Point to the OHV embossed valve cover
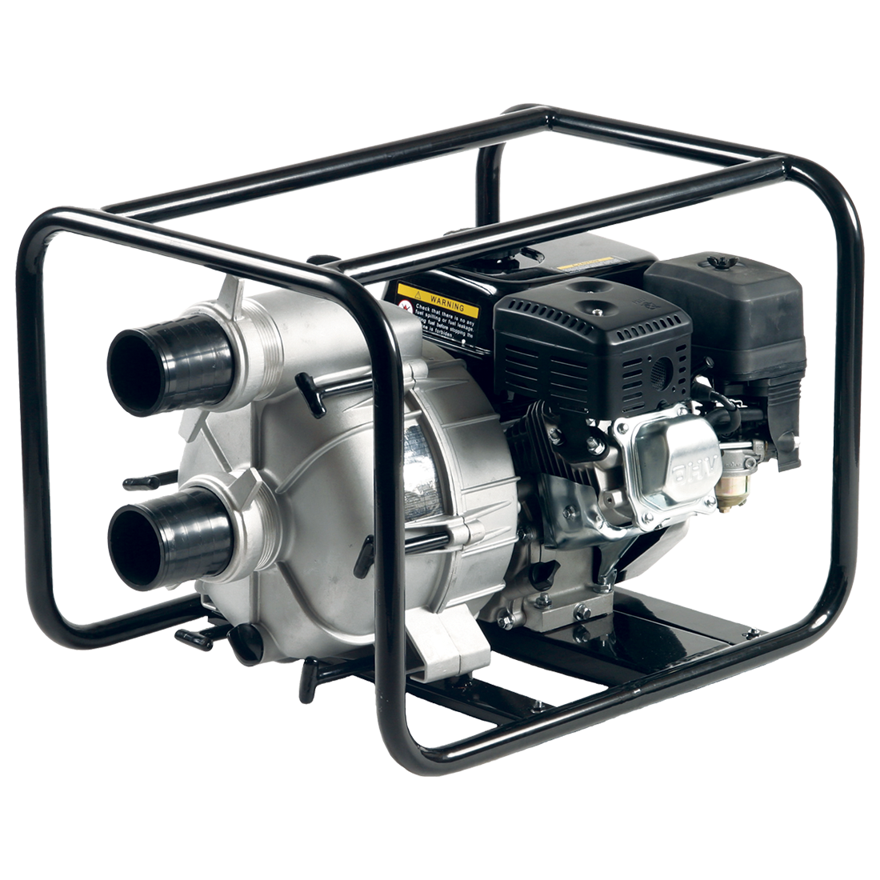pos(666,464)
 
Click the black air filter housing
pos(728,320)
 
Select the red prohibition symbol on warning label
pos(407,306)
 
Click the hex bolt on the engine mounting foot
pos(582,613)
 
